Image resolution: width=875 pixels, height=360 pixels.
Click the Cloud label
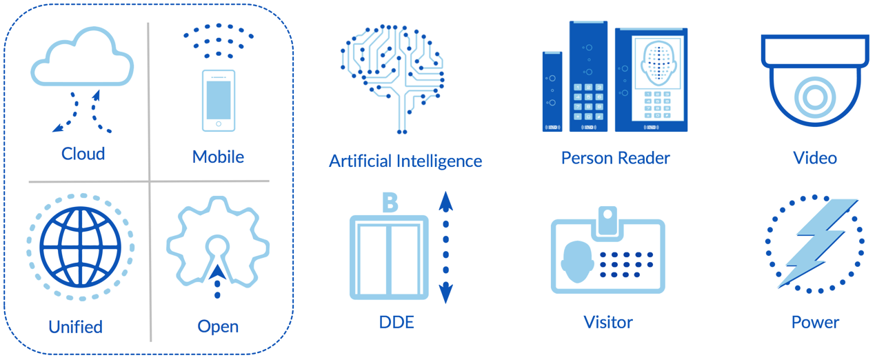coord(83,153)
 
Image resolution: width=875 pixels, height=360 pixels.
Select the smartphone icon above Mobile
coord(219,100)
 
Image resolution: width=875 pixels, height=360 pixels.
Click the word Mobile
coord(218,157)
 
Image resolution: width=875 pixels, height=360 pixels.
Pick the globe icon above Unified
coord(81,247)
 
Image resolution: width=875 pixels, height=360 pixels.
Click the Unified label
coord(76,326)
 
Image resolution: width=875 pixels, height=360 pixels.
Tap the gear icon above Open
coord(217,241)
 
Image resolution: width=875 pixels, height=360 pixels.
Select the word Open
coord(218,326)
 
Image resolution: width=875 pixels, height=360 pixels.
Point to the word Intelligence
coord(439,161)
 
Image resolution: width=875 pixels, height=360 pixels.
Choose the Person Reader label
coord(615,158)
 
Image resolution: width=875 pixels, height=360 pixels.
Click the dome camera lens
coord(814,97)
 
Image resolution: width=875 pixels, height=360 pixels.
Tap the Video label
coord(815,158)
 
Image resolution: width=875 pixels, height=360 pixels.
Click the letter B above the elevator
coord(390,203)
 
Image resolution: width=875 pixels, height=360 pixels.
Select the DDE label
coord(396,322)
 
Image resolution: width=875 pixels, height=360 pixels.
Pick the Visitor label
coord(608,322)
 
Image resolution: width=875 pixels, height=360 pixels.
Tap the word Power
coord(815,322)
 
